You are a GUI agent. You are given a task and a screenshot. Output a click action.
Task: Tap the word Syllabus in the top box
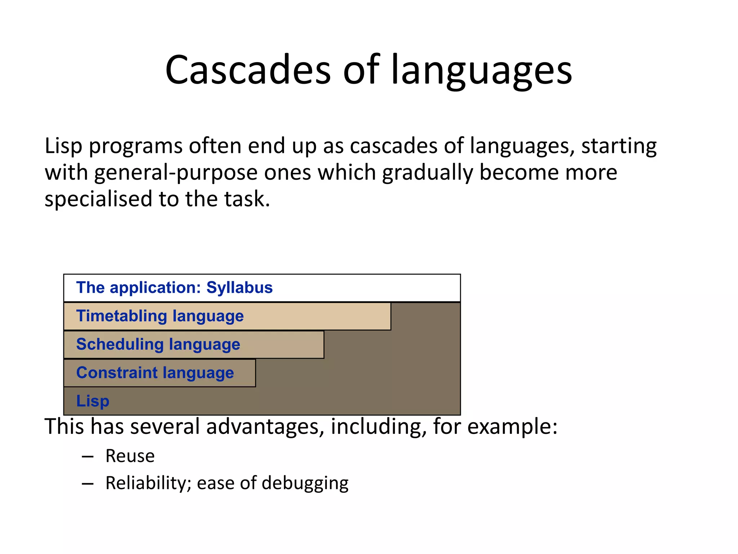coord(239,288)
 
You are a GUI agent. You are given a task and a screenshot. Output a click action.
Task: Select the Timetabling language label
coord(160,316)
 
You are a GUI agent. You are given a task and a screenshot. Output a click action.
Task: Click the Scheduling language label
coord(158,344)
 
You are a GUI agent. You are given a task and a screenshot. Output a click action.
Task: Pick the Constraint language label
coord(155,373)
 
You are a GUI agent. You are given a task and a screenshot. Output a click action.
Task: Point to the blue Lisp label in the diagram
coord(93,401)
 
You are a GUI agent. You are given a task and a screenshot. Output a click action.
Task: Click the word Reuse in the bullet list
coord(130,456)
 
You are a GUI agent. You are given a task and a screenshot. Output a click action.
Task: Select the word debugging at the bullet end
coord(305,483)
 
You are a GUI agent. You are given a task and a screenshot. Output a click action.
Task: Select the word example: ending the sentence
coord(512,427)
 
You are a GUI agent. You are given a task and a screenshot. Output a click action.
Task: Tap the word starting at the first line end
coord(619,146)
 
